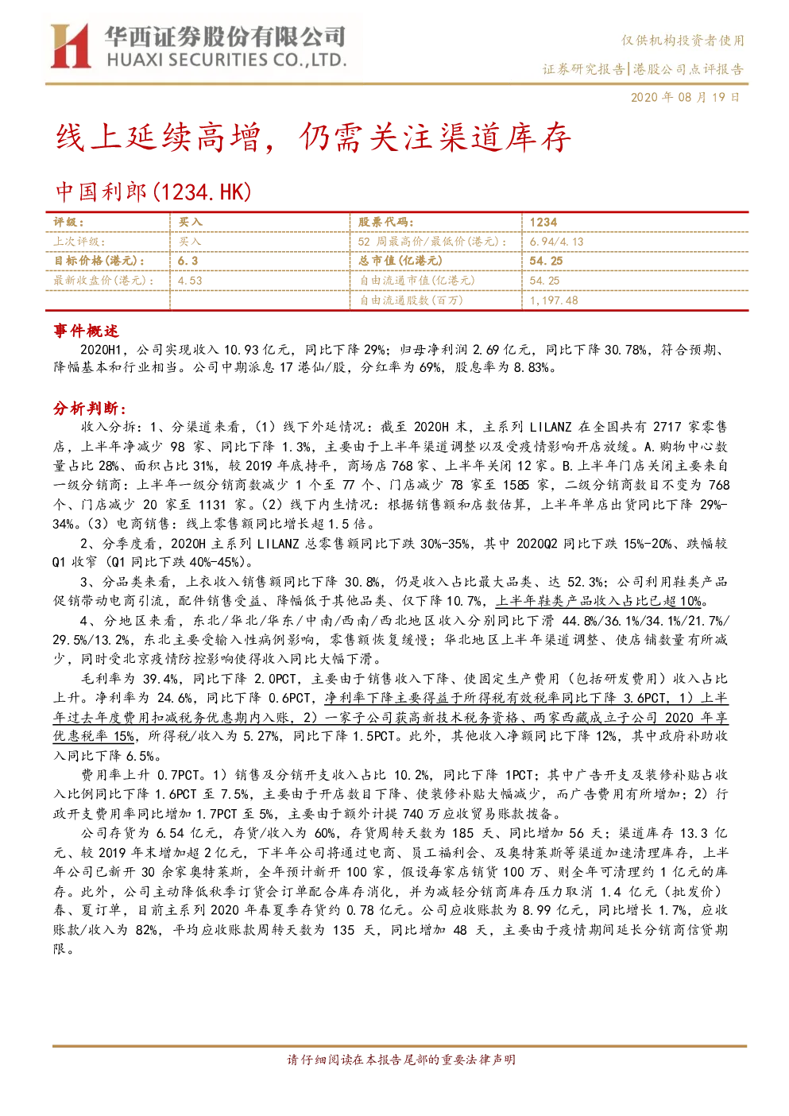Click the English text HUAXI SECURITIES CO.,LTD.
[x=226, y=60]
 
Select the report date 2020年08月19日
[x=685, y=97]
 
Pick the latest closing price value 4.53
[x=190, y=281]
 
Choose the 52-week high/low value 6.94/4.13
[x=556, y=242]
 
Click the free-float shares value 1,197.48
[x=553, y=300]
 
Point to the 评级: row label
[x=69, y=223]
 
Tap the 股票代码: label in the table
[x=385, y=223]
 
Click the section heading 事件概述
[x=86, y=331]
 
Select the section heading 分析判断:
[x=90, y=409]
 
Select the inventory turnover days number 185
[x=462, y=833]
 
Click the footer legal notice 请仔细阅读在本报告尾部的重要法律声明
[x=401, y=1060]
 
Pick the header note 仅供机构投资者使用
[x=683, y=41]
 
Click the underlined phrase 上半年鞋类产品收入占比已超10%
[x=599, y=602]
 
